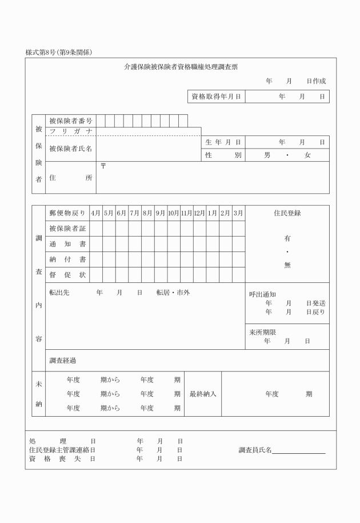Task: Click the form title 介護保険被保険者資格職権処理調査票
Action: [x=181, y=67]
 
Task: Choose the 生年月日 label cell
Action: [x=223, y=142]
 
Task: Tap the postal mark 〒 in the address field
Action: [x=103, y=166]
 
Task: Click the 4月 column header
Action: [x=95, y=213]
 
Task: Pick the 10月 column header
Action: [x=174, y=213]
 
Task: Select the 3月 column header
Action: [x=238, y=213]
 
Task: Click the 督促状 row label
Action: [x=67, y=275]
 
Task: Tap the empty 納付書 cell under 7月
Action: [x=135, y=259]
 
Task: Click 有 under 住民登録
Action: [x=287, y=238]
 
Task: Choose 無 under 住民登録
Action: [x=287, y=265]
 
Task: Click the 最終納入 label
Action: [x=203, y=394]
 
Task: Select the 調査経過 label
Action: [x=63, y=360]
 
